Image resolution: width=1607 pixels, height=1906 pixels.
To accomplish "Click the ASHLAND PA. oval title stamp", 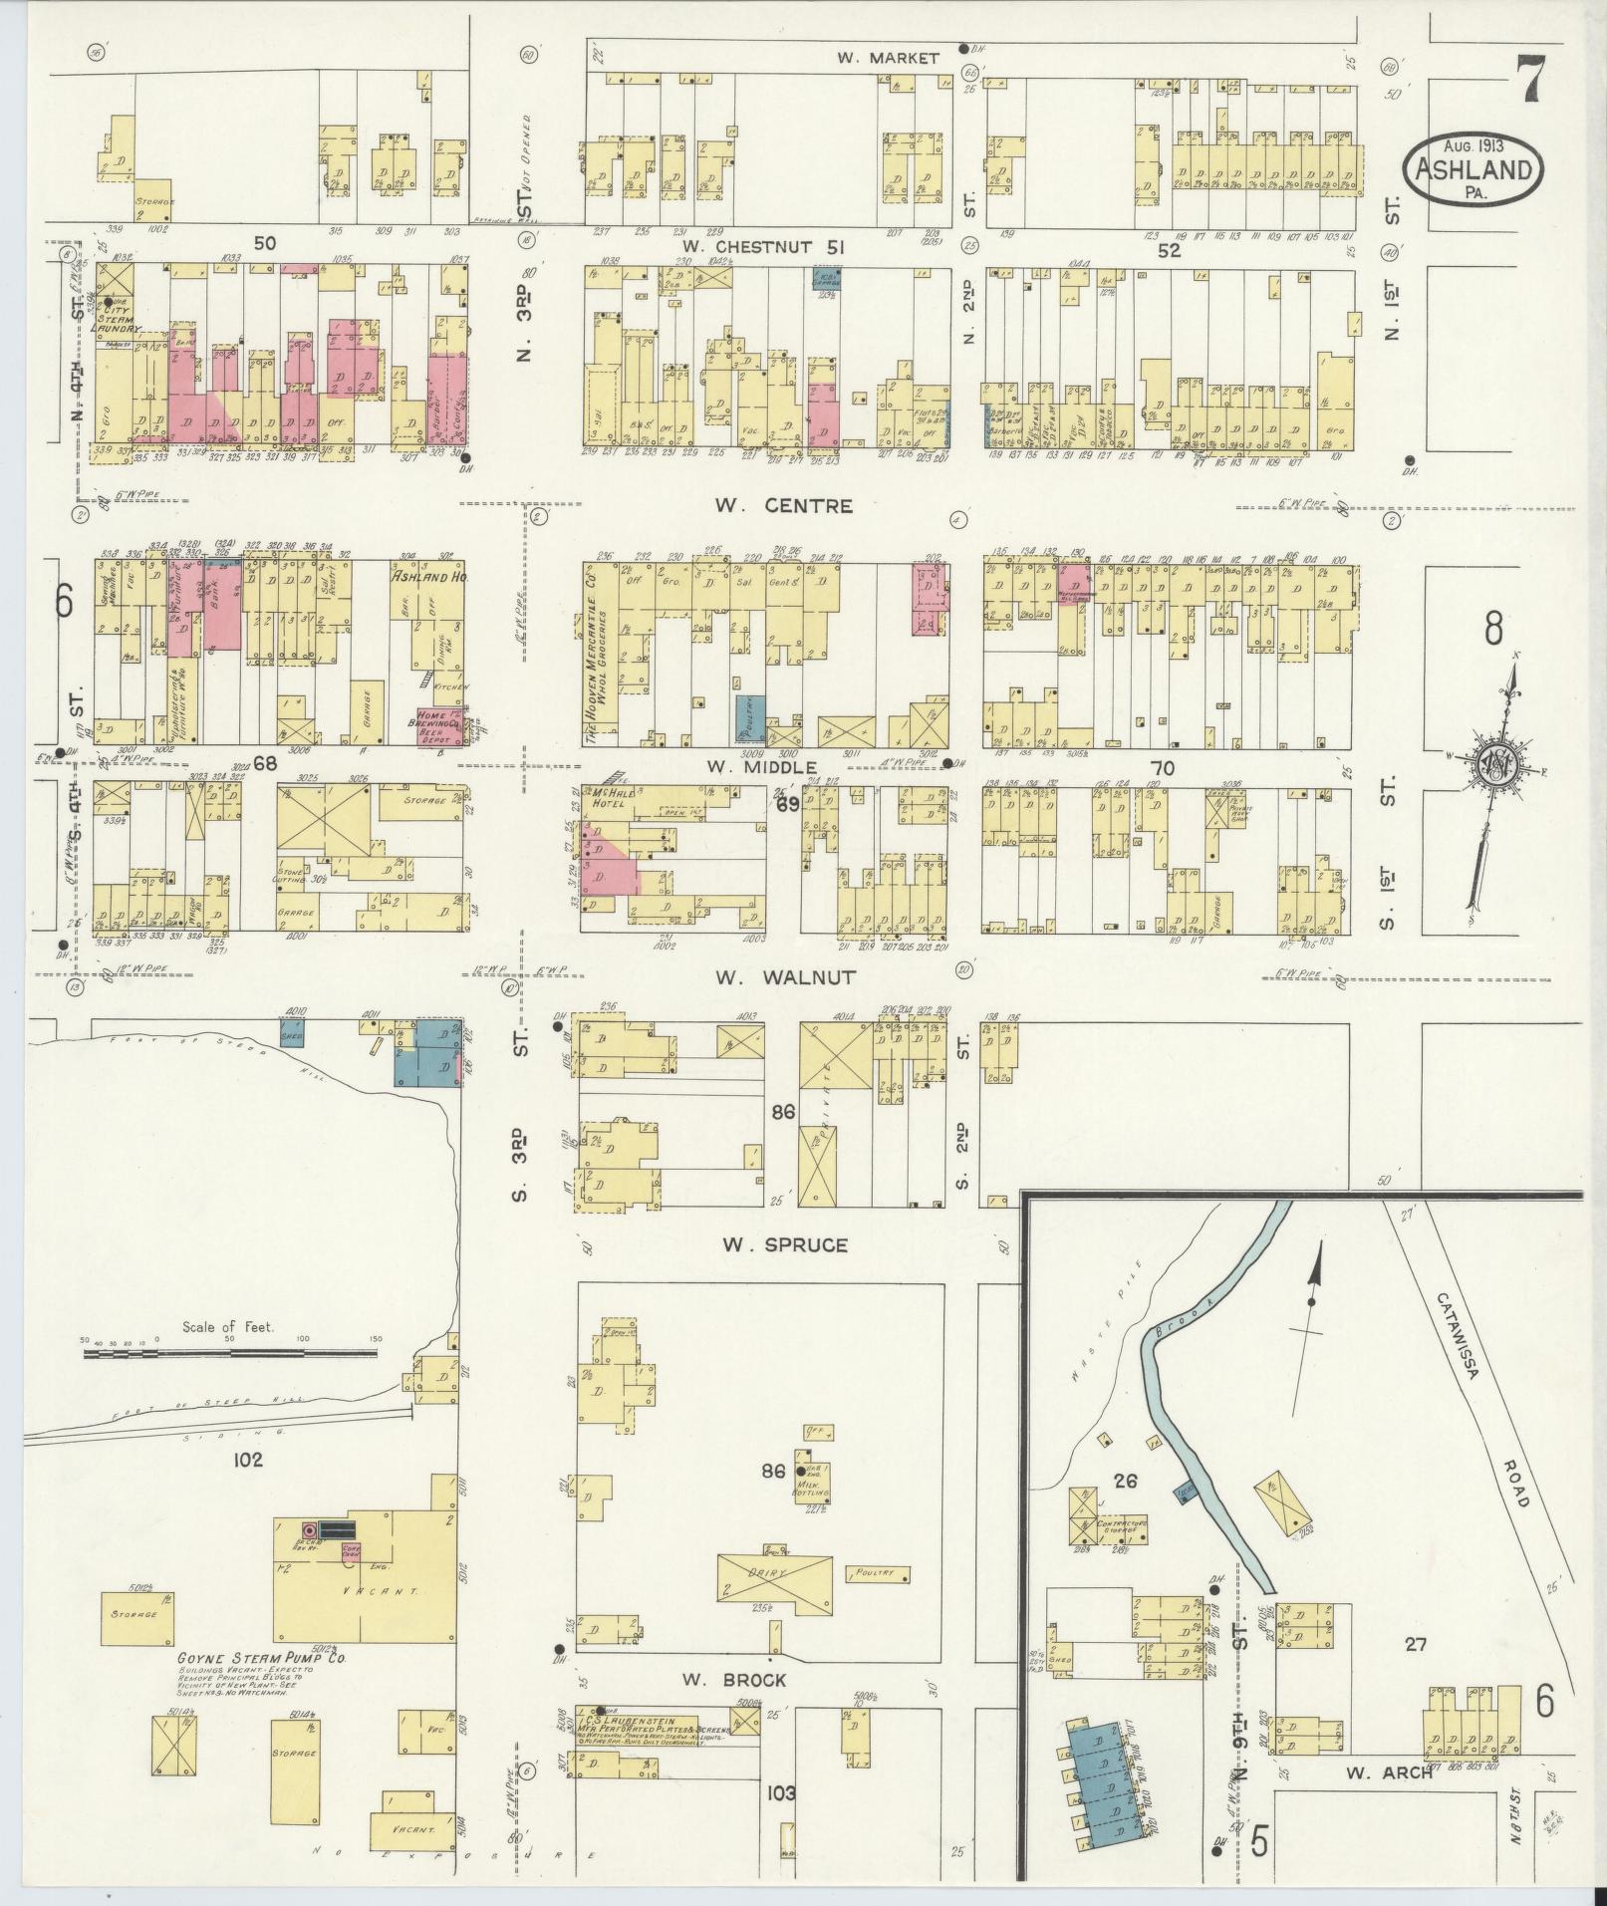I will pos(1473,170).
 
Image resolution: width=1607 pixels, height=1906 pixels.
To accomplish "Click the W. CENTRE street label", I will pos(782,506).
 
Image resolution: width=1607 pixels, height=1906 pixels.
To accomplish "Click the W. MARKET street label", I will pos(888,58).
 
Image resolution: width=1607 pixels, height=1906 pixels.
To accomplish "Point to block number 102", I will pos(247,1460).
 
